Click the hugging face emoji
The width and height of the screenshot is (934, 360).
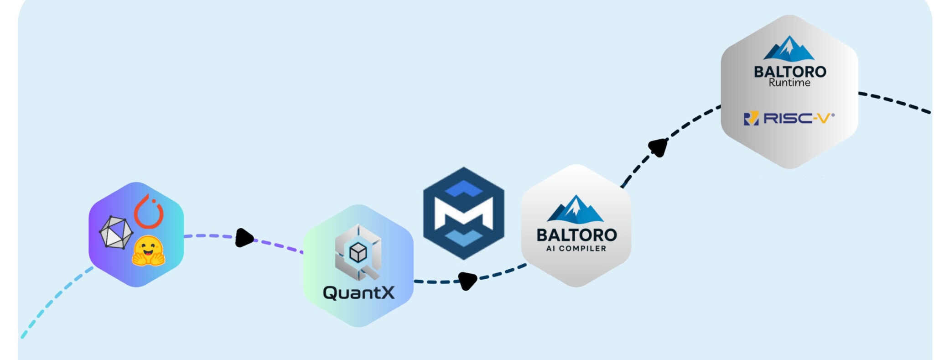(148, 251)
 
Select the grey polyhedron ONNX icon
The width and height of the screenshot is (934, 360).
(116, 232)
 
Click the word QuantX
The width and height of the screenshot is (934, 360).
(358, 292)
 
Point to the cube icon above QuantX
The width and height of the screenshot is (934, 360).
(358, 252)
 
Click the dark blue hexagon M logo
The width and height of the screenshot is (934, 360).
(463, 213)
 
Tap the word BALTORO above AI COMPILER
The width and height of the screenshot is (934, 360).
(576, 235)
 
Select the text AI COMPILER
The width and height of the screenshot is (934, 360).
(576, 249)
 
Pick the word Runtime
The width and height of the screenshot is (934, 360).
(789, 83)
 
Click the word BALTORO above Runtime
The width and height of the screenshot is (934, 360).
(790, 72)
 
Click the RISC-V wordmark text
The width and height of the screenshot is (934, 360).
(798, 118)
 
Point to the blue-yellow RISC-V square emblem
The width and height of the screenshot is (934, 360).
(751, 119)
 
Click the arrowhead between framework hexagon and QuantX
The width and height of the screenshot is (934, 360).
(244, 238)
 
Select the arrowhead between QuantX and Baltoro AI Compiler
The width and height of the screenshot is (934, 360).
(467, 280)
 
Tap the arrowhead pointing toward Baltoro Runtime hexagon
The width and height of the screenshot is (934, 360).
(659, 147)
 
